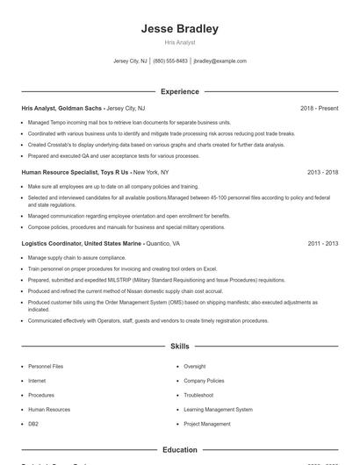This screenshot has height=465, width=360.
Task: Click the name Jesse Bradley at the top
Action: tap(179, 28)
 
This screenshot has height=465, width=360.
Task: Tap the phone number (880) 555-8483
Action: tap(170, 61)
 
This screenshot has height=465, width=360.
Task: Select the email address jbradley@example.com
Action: tap(220, 61)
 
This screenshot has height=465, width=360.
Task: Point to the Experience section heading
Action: tap(179, 91)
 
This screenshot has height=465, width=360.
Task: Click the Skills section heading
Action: tap(179, 347)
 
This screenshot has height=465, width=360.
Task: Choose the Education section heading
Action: tap(179, 450)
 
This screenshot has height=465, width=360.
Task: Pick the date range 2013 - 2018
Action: tap(322, 173)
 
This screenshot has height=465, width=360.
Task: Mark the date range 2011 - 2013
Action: tap(322, 243)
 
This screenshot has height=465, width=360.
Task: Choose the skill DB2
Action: tap(33, 424)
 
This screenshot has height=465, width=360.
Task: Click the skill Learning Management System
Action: tap(218, 410)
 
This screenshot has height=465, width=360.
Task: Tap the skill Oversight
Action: tap(195, 366)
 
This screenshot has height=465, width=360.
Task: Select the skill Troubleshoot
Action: tap(198, 395)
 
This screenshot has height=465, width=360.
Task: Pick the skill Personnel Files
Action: tap(46, 366)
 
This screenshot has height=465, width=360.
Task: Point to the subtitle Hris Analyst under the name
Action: tap(179, 42)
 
